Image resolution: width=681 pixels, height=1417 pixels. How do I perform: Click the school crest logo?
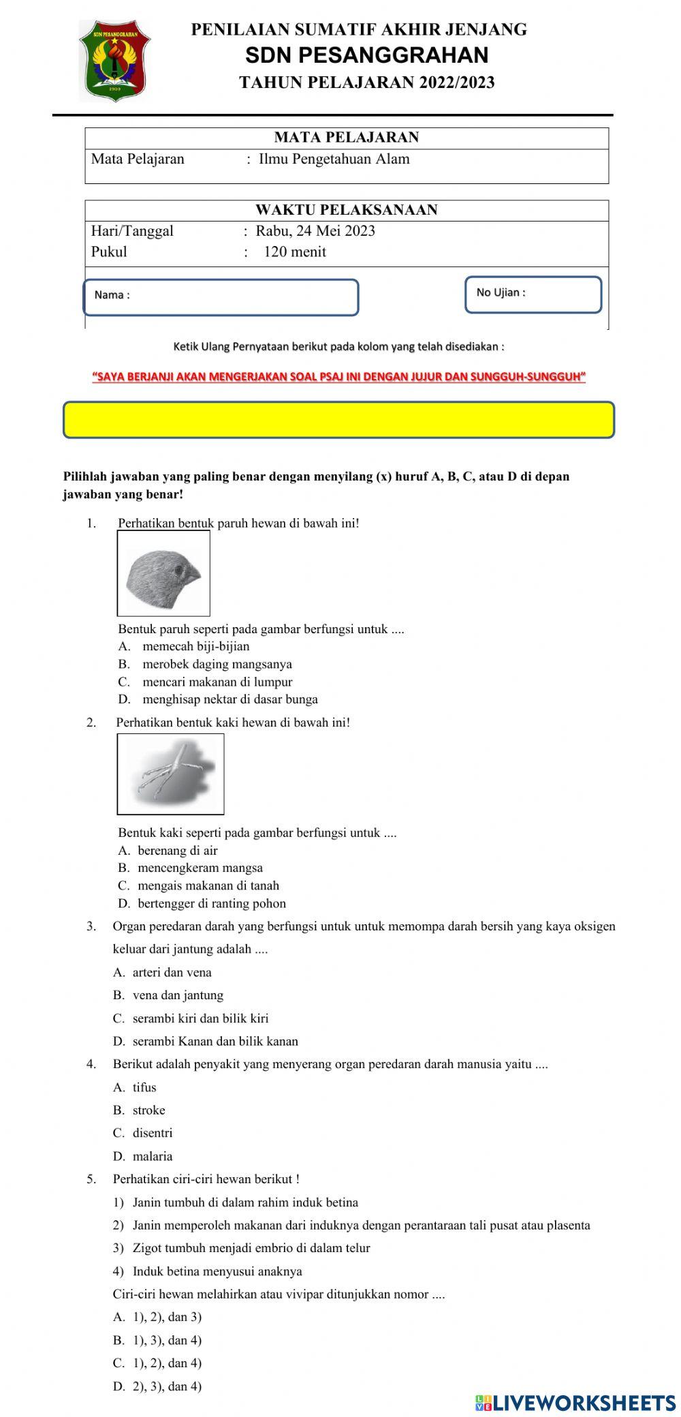(x=114, y=60)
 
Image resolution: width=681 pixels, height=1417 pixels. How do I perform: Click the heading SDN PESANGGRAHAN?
(x=366, y=55)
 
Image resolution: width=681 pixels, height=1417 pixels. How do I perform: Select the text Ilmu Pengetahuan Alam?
(x=334, y=159)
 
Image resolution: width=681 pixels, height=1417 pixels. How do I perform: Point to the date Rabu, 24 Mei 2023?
(x=315, y=231)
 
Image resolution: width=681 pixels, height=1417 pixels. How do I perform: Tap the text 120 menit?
(x=295, y=252)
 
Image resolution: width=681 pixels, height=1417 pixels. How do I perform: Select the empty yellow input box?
(x=338, y=420)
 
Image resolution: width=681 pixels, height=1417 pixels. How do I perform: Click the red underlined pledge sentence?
(x=338, y=376)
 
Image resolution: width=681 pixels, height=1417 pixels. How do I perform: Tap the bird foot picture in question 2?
(x=170, y=774)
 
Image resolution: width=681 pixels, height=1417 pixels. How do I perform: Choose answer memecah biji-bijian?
(x=195, y=646)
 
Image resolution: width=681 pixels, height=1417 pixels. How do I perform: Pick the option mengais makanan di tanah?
(x=208, y=885)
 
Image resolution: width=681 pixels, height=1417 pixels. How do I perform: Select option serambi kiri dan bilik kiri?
(x=200, y=1018)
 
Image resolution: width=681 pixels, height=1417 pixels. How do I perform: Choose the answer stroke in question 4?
(x=148, y=1110)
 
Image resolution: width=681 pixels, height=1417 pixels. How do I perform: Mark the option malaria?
(x=152, y=1156)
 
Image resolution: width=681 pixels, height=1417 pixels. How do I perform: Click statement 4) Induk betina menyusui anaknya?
(x=217, y=1271)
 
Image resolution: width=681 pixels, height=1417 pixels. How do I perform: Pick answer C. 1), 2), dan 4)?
(x=167, y=1362)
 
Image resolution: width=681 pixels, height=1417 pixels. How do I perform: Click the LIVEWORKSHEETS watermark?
(x=575, y=1403)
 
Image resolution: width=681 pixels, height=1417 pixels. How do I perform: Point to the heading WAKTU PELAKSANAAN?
(x=346, y=210)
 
